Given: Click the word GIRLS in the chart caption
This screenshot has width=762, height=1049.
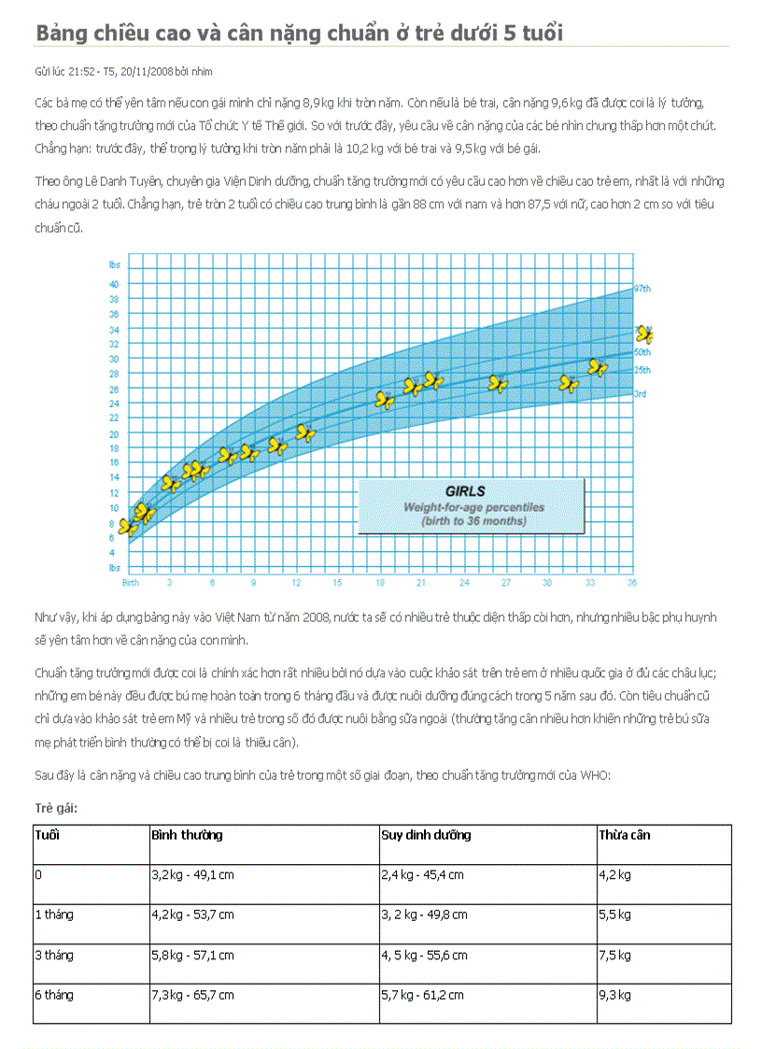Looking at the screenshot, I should click(464, 490).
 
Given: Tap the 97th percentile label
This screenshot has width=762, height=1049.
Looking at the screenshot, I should click(642, 288).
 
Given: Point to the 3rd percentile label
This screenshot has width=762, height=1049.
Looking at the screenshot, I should click(641, 394).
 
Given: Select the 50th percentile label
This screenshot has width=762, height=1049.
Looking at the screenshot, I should click(642, 352).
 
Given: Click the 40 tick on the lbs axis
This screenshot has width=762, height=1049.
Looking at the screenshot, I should click(114, 284).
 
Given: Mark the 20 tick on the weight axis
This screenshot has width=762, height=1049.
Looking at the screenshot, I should click(114, 434).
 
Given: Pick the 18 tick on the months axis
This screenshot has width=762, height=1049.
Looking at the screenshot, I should click(380, 582).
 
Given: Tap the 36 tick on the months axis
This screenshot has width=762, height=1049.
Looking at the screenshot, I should click(632, 582).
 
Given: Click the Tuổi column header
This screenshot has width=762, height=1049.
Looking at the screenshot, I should click(47, 835).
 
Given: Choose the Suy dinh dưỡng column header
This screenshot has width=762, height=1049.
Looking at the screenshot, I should click(426, 835).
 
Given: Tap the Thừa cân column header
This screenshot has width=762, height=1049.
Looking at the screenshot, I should click(624, 835).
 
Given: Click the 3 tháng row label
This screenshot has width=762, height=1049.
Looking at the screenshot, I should click(54, 956).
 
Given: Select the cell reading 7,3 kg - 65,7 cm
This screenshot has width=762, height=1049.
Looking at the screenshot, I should click(192, 996).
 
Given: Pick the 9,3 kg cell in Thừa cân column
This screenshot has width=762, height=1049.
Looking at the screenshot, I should click(614, 996).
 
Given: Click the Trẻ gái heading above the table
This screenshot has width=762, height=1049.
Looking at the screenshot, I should click(56, 808).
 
